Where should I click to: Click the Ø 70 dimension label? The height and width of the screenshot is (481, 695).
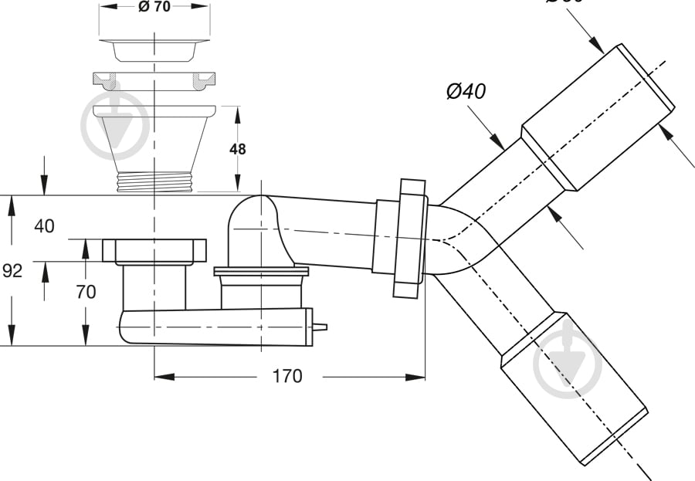coord(154,7)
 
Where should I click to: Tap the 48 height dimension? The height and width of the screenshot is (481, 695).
coord(237,148)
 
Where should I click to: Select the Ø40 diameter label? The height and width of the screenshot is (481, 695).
coord(466,91)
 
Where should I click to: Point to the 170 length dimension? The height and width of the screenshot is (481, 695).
coord(286,377)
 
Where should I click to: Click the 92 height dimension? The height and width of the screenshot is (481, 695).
coord(12,271)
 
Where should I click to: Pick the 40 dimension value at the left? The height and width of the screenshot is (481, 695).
coord(45,226)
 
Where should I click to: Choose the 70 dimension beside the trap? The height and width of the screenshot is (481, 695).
coord(86,292)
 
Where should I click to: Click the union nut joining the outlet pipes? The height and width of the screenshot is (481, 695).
coord(409,238)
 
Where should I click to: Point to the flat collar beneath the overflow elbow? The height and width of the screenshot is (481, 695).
coord(261,271)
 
